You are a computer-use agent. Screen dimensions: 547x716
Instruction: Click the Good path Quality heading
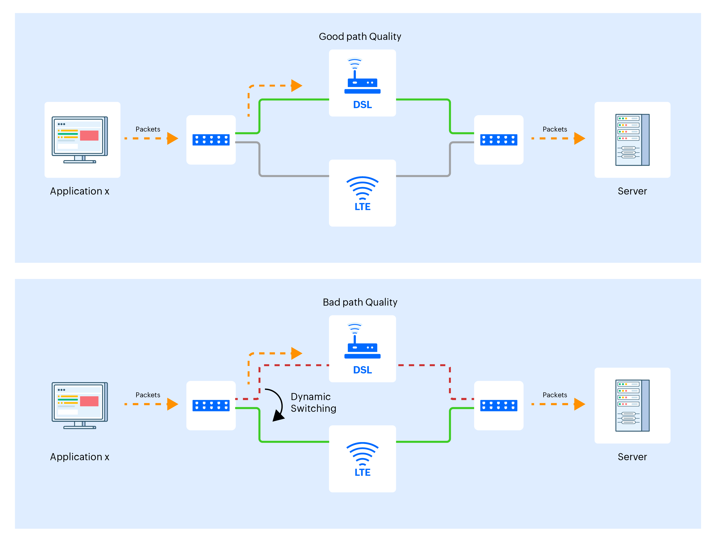pos(359,36)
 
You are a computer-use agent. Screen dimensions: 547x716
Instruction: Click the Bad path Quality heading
pos(359,302)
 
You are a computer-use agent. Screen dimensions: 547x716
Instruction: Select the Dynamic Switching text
pos(313,402)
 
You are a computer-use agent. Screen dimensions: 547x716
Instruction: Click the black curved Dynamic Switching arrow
pos(278,404)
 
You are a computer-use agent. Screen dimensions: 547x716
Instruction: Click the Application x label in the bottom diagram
pos(79,457)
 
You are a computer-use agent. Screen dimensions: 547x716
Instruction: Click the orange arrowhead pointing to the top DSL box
pos(296,86)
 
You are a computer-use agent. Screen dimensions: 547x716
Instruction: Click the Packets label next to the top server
pos(554,129)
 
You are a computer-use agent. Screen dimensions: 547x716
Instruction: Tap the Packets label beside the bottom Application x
pos(148,395)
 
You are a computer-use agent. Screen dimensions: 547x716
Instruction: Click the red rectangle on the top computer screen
pos(89,135)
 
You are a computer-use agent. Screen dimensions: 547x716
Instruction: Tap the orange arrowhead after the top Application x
pos(172,138)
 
